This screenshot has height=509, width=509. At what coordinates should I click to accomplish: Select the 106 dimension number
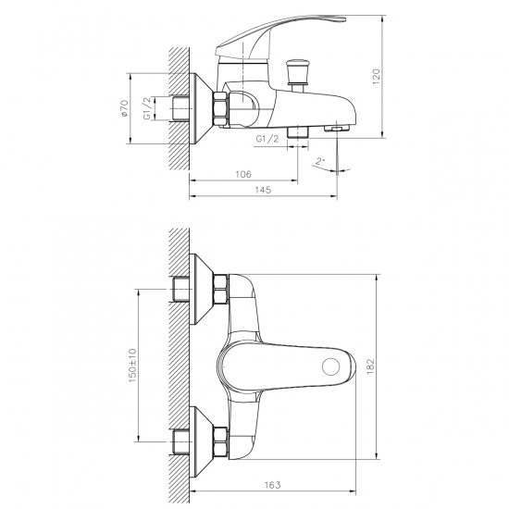point(242,173)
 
